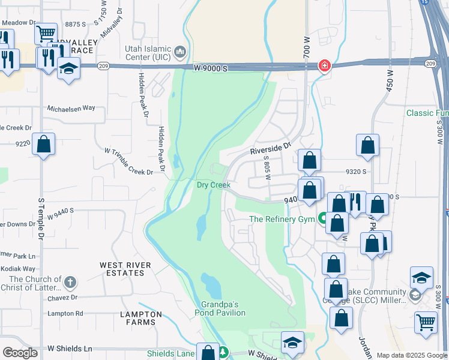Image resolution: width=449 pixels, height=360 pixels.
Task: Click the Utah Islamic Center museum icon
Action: pyautogui.click(x=179, y=53)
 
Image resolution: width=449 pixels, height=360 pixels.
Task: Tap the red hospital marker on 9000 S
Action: pyautogui.click(x=324, y=65)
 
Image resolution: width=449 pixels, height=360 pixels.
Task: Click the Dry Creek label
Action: pyautogui.click(x=214, y=185)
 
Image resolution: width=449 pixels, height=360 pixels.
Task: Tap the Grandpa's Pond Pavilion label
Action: pyautogui.click(x=220, y=308)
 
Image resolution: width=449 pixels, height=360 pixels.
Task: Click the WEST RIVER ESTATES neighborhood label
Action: pyautogui.click(x=125, y=269)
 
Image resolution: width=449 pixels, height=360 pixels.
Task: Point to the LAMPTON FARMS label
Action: pyautogui.click(x=141, y=318)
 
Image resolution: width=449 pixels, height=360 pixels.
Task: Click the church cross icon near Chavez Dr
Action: pyautogui.click(x=70, y=282)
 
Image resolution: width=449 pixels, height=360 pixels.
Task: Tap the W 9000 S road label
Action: pyautogui.click(x=211, y=69)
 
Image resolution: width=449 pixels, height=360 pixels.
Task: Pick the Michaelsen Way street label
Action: pyautogui.click(x=71, y=108)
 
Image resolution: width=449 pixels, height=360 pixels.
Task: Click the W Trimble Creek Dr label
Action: pyautogui.click(x=128, y=161)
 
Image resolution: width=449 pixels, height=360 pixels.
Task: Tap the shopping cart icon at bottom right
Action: pyautogui.click(x=426, y=322)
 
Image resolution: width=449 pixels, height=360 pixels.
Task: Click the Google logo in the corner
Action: pyautogui.click(x=20, y=353)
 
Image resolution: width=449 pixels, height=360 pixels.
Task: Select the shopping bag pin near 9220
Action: pyautogui.click(x=43, y=145)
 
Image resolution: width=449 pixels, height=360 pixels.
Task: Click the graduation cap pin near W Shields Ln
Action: pyautogui.click(x=292, y=343)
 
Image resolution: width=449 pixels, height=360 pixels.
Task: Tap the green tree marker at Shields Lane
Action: pyautogui.click(x=223, y=353)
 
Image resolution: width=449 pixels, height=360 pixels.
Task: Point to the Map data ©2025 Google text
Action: pyautogui.click(x=411, y=355)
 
